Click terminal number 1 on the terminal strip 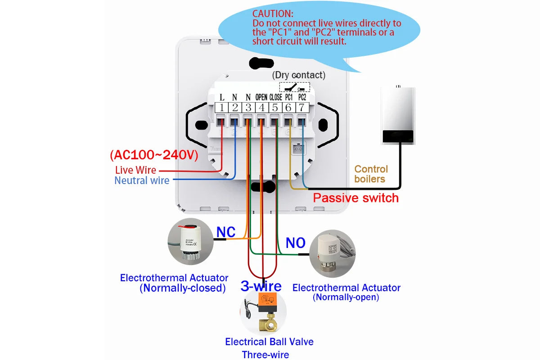[x=221, y=108]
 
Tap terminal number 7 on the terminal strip [x=302, y=108]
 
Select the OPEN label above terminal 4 [x=261, y=97]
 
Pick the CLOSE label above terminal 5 [x=275, y=97]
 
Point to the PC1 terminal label [x=289, y=97]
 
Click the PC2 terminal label [x=302, y=97]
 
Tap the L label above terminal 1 [x=222, y=97]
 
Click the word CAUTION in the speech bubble [x=273, y=14]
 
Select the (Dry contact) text [x=299, y=75]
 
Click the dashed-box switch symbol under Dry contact [x=295, y=87]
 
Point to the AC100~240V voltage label [x=154, y=155]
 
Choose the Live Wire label [x=136, y=170]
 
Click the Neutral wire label [x=142, y=180]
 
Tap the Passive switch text [x=356, y=198]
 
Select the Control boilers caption [x=370, y=174]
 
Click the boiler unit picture [x=398, y=115]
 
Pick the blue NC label [x=226, y=232]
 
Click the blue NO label [x=296, y=243]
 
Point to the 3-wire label [x=261, y=286]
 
